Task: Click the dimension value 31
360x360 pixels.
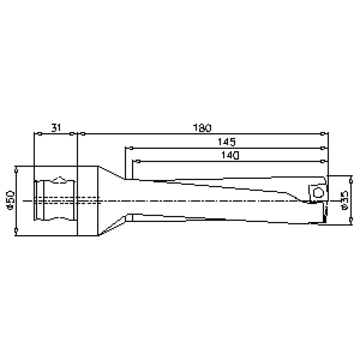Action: [56, 128]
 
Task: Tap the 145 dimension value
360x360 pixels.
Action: [227, 142]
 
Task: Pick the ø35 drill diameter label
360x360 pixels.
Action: [345, 200]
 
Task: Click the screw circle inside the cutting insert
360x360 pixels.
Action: [317, 192]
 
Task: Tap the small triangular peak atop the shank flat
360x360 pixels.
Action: [60, 179]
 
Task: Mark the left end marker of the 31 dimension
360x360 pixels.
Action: [39, 134]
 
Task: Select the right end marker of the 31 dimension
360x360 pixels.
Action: [71, 134]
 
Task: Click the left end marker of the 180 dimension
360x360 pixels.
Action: [83, 134]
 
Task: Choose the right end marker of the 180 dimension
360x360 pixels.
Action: [322, 134]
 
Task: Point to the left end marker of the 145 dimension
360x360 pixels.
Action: [130, 148]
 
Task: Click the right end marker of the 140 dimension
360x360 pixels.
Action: [322, 161]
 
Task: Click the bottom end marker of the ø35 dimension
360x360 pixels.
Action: [351, 221]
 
